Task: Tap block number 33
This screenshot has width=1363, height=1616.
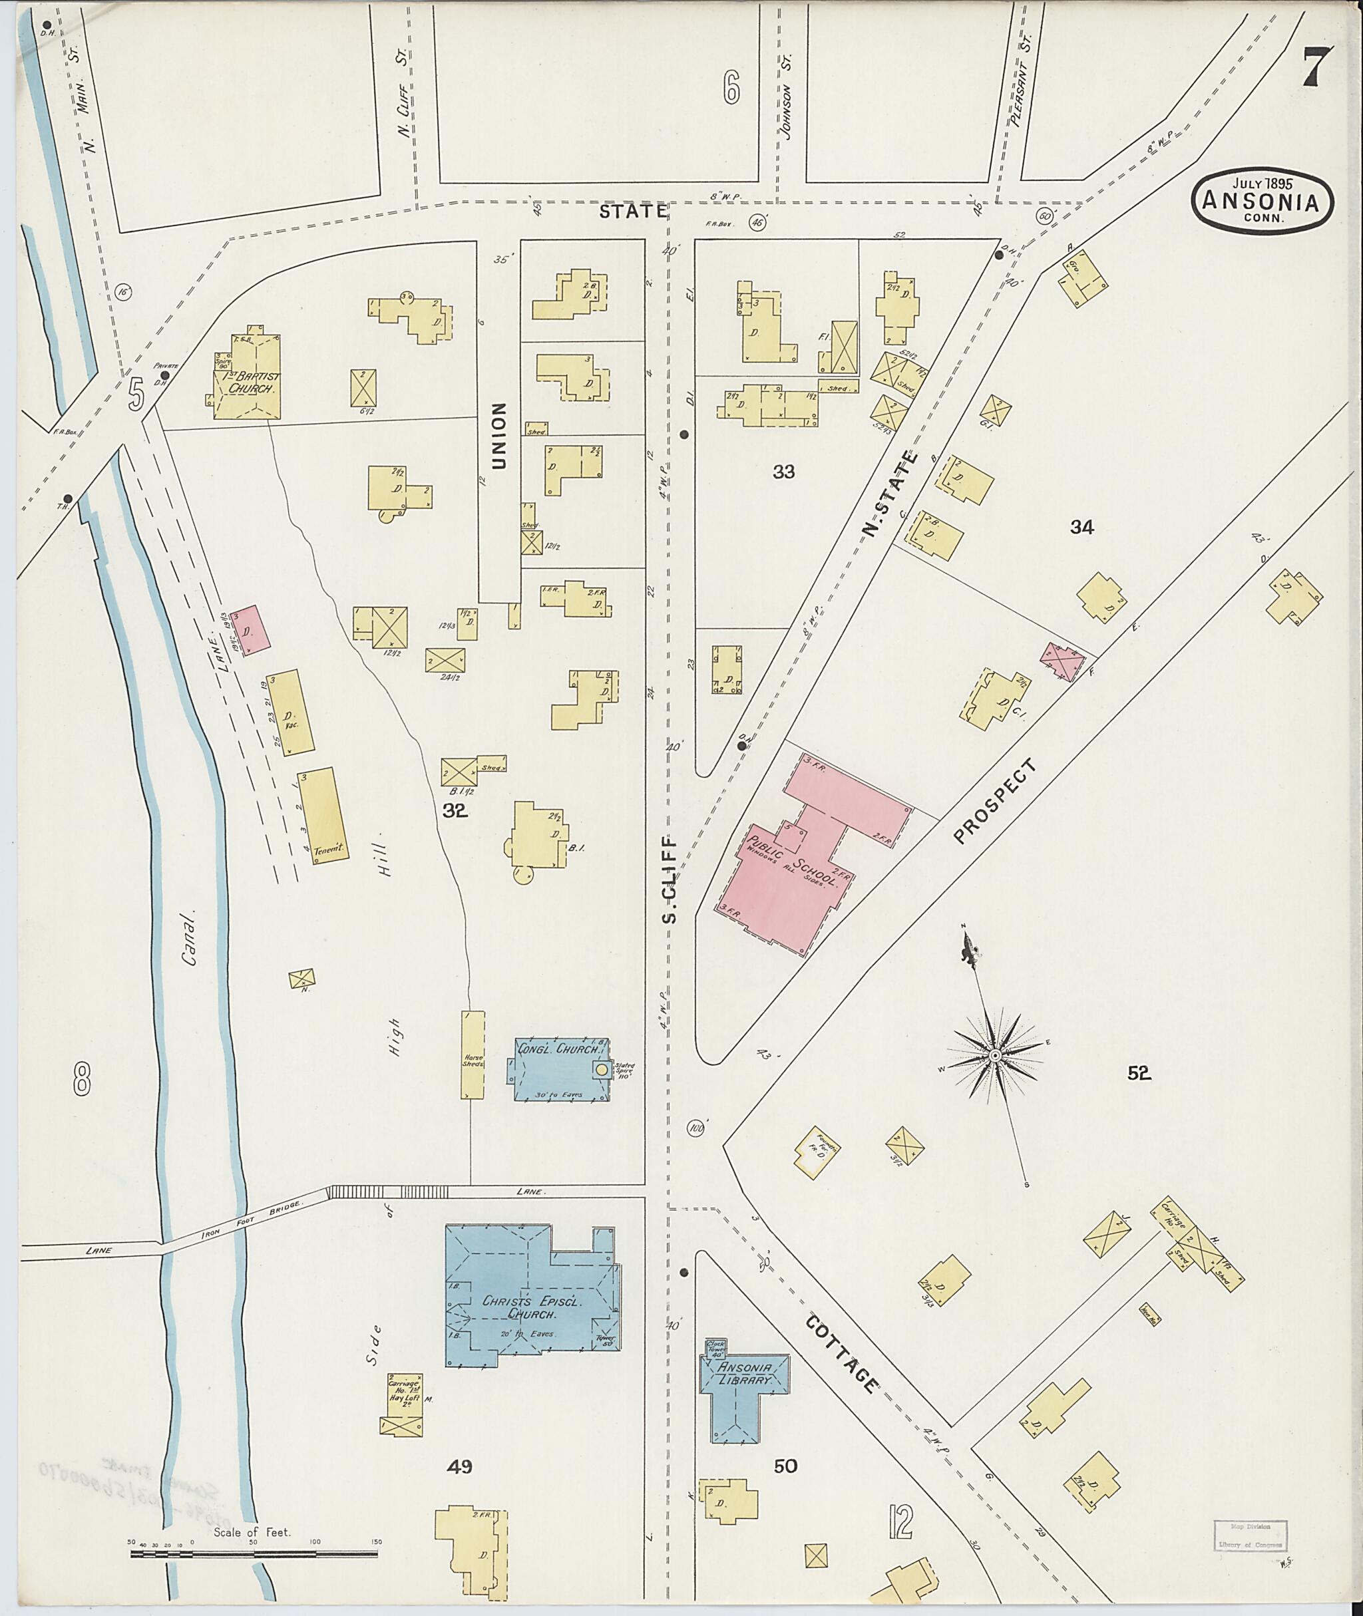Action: tap(783, 471)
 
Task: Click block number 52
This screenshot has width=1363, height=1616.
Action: tap(1139, 1073)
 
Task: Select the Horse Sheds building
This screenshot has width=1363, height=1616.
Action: tap(473, 1054)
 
